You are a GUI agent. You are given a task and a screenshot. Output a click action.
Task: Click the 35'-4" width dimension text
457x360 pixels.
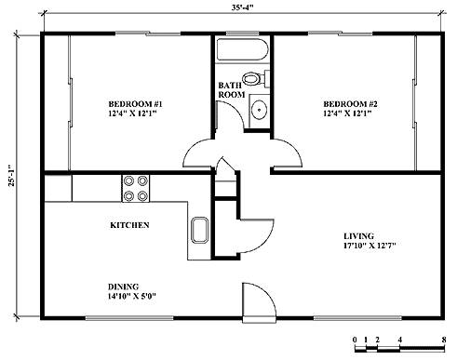(x=242, y=7)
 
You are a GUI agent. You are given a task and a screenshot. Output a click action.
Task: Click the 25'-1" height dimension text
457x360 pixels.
(x=12, y=176)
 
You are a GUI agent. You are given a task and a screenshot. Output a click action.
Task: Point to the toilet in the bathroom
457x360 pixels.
(x=255, y=79)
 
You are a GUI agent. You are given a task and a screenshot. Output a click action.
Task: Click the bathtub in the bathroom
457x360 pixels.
(x=242, y=50)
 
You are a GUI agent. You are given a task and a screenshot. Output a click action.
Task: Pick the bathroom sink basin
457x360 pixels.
(x=259, y=110)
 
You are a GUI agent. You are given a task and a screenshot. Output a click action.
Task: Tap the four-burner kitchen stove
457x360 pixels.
(x=136, y=189)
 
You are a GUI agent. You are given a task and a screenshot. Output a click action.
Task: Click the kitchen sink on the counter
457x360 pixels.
(x=199, y=230)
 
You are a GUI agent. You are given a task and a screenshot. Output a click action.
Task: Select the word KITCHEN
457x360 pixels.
(x=129, y=225)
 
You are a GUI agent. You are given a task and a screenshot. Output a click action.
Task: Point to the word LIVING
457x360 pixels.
(x=358, y=236)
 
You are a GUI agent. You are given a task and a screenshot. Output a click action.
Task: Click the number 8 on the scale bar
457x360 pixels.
(x=444, y=340)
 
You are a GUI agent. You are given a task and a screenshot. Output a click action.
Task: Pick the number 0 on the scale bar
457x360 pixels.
(x=355, y=340)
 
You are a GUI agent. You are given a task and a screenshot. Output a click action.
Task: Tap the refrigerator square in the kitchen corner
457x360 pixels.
(x=58, y=188)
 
